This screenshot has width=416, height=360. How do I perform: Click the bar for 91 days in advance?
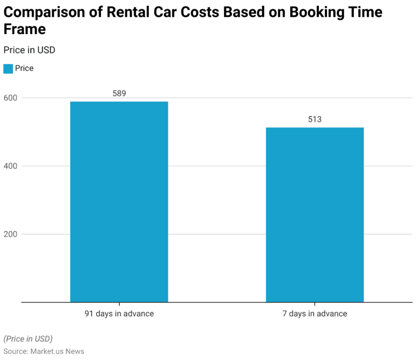pos(119,202)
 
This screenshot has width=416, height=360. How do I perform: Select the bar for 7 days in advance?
pos(314,214)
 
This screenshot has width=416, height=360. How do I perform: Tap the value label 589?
pos(119,93)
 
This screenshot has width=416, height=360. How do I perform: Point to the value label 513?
pos(314,119)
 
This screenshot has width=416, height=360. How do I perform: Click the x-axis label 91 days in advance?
pos(119,313)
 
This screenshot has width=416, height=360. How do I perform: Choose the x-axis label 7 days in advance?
pos(314,313)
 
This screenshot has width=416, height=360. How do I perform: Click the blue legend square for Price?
pos(8,68)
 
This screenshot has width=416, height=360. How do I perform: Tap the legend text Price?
pos(24,68)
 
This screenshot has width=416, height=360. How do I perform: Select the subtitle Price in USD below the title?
pos(29,50)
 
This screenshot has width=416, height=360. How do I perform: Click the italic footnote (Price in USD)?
pos(28,339)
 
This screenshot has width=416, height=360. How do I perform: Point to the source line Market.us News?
pos(44,352)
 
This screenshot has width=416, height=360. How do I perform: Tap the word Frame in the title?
pos(25,29)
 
